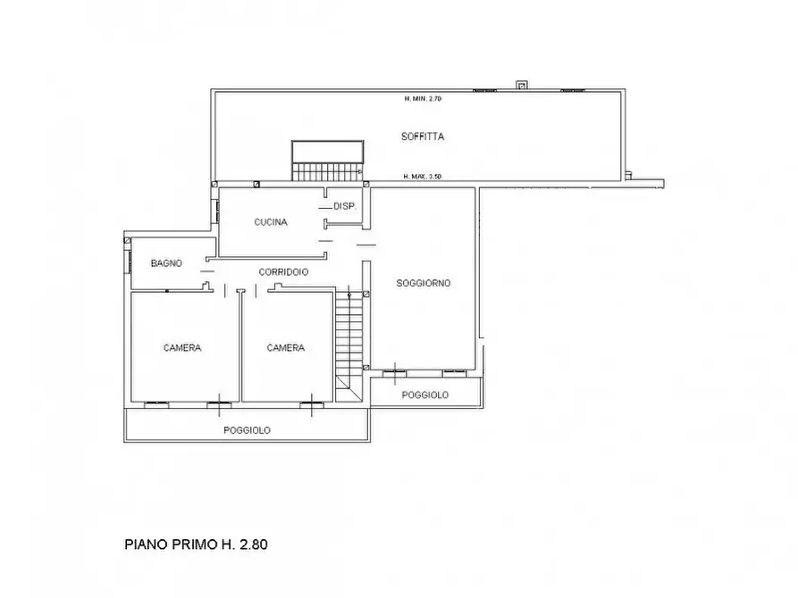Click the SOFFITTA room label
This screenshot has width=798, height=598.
pyautogui.click(x=422, y=137)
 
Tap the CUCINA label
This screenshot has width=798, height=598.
pyautogui.click(x=270, y=222)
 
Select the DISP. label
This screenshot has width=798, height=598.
pyautogui.click(x=345, y=206)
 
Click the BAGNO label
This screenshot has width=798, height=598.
pyautogui.click(x=166, y=263)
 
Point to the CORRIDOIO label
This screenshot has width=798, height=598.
pyautogui.click(x=283, y=271)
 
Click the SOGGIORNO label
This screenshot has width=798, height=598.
pyautogui.click(x=424, y=283)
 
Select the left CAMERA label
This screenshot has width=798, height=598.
pyautogui.click(x=181, y=348)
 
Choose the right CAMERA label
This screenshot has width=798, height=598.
pyautogui.click(x=285, y=348)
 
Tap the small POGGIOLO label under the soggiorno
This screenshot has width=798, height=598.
pyautogui.click(x=424, y=395)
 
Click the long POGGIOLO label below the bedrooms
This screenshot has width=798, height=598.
pyautogui.click(x=247, y=430)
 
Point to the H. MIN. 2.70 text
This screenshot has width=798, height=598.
pyautogui.click(x=423, y=98)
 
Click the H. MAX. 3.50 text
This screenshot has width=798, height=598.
pyautogui.click(x=423, y=177)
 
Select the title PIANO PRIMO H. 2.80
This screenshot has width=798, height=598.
pyautogui.click(x=193, y=542)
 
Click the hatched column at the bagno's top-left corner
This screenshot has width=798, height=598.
pyautogui.click(x=128, y=240)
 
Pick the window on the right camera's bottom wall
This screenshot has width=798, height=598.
pyautogui.click(x=311, y=403)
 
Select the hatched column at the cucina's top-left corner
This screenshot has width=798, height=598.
pyautogui.click(x=214, y=185)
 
